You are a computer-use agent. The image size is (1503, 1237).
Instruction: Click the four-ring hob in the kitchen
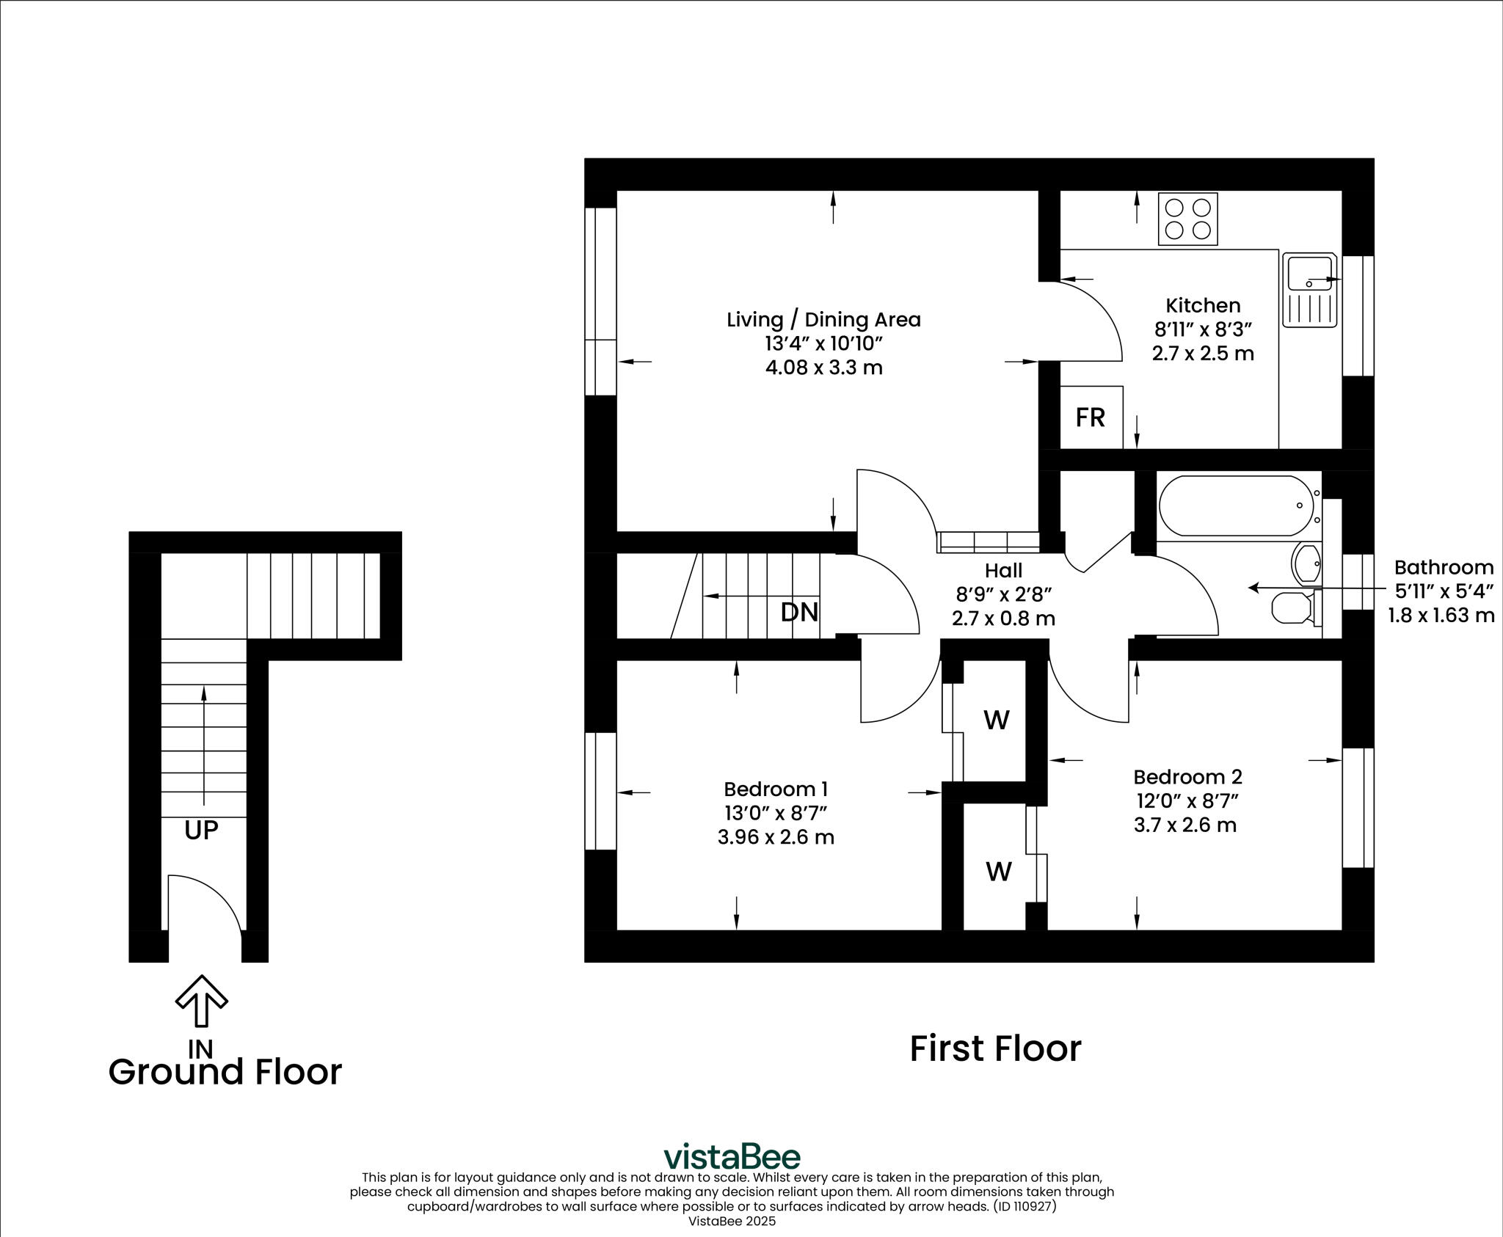(x=1187, y=219)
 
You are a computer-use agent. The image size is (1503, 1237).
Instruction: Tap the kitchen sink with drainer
(x=1310, y=291)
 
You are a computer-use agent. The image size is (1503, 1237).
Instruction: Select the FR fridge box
(x=1091, y=417)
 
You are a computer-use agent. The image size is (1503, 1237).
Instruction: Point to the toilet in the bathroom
(x=1292, y=607)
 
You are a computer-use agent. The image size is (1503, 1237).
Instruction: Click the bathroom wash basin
(x=1306, y=563)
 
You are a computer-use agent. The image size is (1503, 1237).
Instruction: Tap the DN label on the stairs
(x=799, y=612)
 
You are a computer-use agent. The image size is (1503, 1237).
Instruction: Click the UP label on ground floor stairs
(x=201, y=831)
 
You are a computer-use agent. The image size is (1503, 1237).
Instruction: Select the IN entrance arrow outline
(x=201, y=1000)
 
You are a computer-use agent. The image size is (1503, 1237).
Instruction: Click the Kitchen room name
(x=1203, y=305)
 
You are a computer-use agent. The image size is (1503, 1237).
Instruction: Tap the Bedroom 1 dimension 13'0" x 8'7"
(x=775, y=813)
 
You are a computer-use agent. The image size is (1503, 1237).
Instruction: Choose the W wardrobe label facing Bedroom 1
(x=996, y=720)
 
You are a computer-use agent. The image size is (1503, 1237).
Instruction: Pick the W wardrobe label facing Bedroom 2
(x=998, y=872)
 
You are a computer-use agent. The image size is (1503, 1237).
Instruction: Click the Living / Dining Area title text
(x=823, y=320)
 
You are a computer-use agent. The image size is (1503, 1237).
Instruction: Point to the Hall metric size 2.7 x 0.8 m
(x=1003, y=618)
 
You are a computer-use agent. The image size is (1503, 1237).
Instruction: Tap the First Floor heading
(x=995, y=1049)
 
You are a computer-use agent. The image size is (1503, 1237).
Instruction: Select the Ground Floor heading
(x=225, y=1072)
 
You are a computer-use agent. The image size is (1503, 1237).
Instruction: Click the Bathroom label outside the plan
(x=1443, y=567)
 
